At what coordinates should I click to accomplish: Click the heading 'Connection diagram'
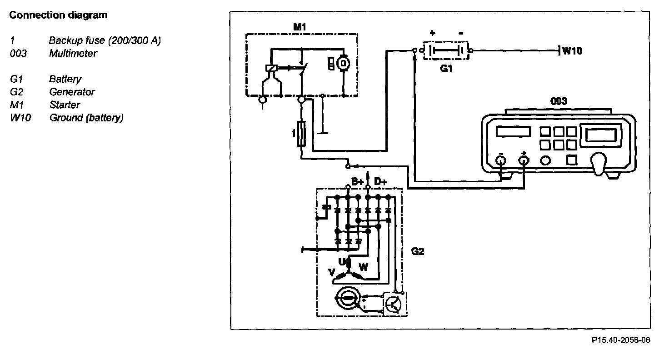[x=59, y=15]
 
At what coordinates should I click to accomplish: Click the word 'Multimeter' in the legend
[x=73, y=53]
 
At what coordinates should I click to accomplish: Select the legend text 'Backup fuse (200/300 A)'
[x=105, y=40]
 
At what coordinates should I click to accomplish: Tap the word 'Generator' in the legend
[x=72, y=92]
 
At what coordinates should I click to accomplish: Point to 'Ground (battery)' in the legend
[x=86, y=118]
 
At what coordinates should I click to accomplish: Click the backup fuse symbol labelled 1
[x=301, y=134]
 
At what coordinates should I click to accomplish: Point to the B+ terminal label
[x=358, y=181]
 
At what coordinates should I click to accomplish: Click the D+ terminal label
[x=380, y=181]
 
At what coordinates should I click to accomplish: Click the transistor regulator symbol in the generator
[x=394, y=303]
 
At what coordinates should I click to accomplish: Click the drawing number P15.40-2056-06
[x=621, y=340]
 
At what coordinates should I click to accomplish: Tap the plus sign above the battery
[x=432, y=33]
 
